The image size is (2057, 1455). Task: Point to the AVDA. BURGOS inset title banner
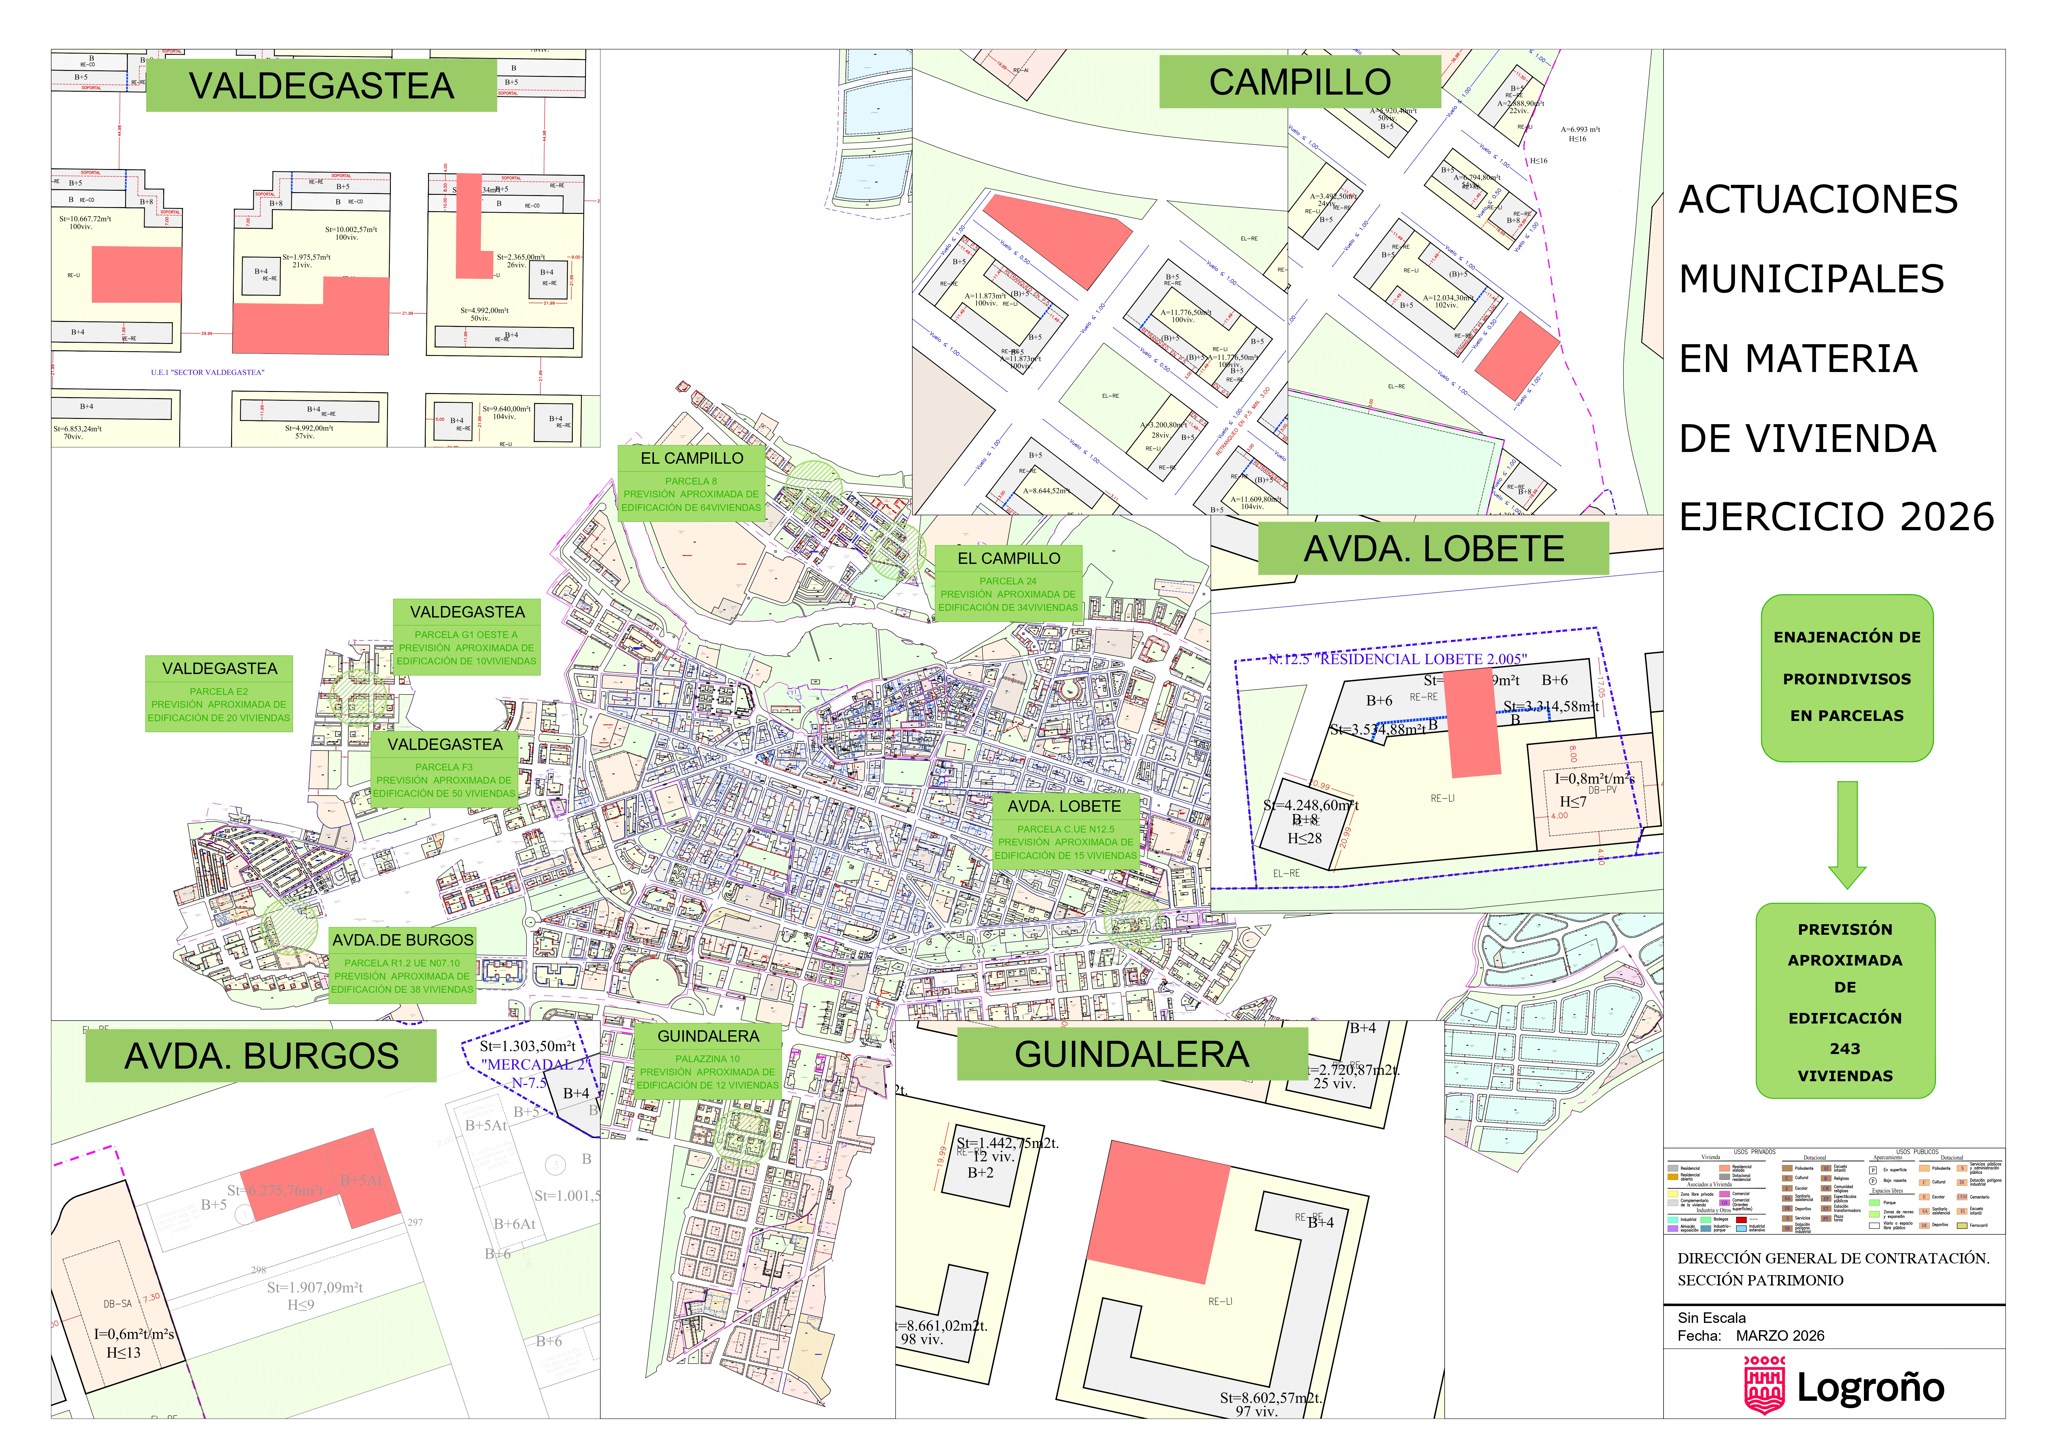click(x=261, y=1055)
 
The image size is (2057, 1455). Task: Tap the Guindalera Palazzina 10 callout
click(x=708, y=1060)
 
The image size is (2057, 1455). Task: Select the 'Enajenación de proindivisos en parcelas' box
click(x=1846, y=677)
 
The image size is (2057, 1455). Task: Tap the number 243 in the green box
click(x=1845, y=1048)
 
